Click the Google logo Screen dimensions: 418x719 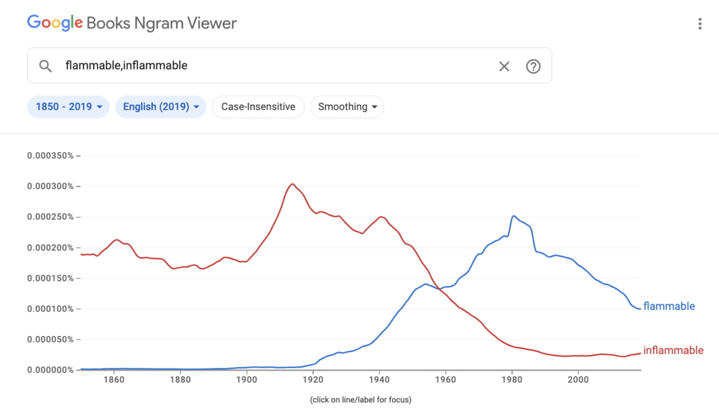click(55, 23)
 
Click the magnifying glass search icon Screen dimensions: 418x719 click(46, 66)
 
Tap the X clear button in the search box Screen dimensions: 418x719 click(504, 66)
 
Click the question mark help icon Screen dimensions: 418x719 click(533, 66)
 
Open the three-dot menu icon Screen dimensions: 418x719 click(699, 24)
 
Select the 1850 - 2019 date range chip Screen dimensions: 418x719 click(68, 107)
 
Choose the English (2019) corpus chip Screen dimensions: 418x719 click(161, 107)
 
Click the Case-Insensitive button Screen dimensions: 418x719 click(258, 107)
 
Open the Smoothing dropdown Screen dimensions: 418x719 click(347, 107)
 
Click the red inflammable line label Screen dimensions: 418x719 click(673, 350)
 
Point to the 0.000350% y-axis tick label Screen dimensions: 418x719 click(50, 156)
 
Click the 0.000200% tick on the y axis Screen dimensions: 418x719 click(50, 247)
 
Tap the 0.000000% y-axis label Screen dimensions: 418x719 click(50, 369)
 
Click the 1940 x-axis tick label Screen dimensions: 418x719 click(379, 379)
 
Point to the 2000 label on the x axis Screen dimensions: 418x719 click(578, 379)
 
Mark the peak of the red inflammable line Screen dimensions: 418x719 click(292, 184)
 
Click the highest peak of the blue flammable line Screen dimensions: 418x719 click(513, 216)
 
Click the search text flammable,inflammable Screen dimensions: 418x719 click(126, 66)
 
